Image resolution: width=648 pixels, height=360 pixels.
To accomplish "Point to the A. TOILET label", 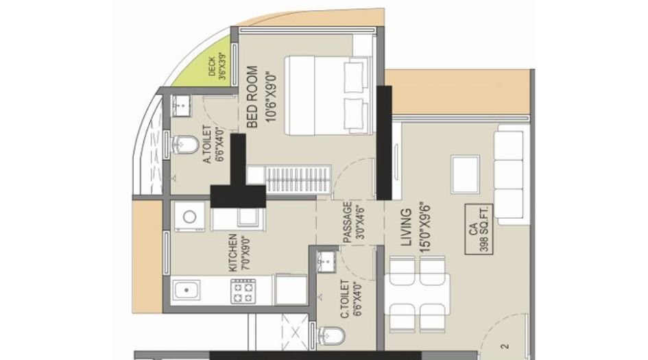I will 206,153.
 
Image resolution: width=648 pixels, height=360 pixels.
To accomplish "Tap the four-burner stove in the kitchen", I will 243,292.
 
